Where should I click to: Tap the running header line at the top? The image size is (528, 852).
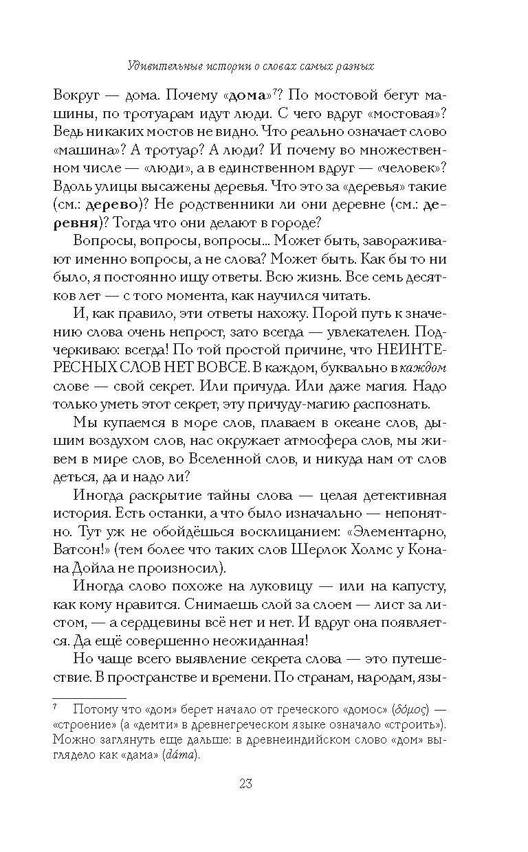(264, 67)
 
